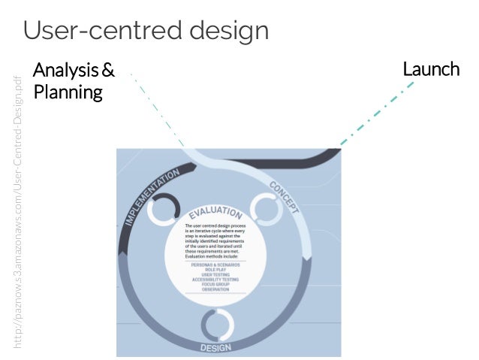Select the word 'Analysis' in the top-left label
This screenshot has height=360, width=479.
(x=66, y=71)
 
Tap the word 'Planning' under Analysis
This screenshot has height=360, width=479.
(x=68, y=94)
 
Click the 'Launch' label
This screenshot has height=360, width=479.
(x=431, y=71)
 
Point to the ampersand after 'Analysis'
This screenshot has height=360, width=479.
(x=108, y=71)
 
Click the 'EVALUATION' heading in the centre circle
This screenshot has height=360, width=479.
(x=215, y=213)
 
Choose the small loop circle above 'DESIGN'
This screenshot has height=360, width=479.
(x=216, y=324)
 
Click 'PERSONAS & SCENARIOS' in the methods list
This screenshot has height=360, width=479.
(x=215, y=265)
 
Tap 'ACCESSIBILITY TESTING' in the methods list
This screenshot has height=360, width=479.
(x=215, y=279)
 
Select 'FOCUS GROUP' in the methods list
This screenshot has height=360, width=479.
(x=215, y=284)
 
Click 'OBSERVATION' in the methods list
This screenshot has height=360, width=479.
(x=215, y=289)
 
